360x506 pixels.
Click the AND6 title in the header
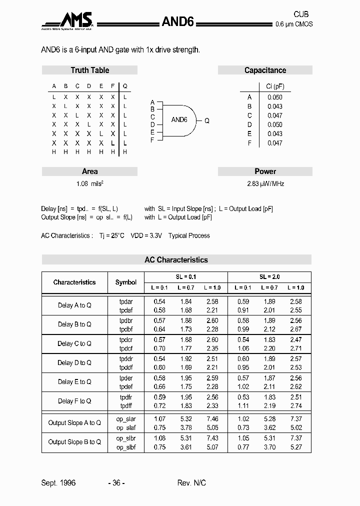(x=177, y=21)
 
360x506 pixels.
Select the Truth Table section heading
(x=89, y=70)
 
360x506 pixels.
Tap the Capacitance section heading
(x=265, y=70)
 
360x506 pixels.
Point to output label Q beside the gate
(x=207, y=120)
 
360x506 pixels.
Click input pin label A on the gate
(x=152, y=102)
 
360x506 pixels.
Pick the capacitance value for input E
(x=274, y=133)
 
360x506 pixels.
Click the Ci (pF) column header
(x=274, y=86)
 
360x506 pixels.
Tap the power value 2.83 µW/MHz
(x=265, y=183)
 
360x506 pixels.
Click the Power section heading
(x=265, y=171)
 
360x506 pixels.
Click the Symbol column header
(x=126, y=282)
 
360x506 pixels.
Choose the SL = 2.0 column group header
(x=269, y=276)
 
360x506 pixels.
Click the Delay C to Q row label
(x=74, y=343)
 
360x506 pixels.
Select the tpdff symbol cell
(x=126, y=405)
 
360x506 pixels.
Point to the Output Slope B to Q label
(x=74, y=442)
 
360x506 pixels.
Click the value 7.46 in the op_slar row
(x=212, y=418)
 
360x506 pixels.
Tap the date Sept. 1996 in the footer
(x=58, y=482)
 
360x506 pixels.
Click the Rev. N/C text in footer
(x=191, y=482)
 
